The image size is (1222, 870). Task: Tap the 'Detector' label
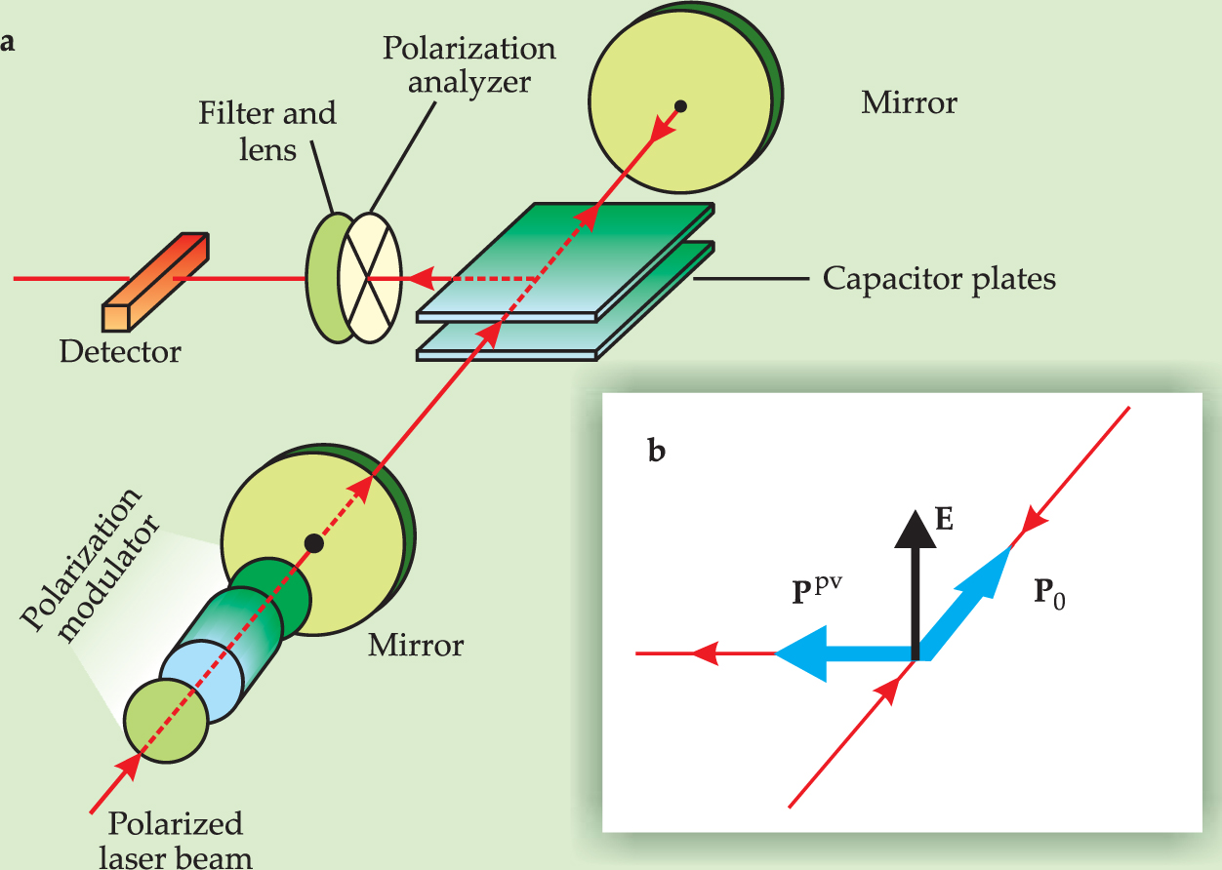point(120,351)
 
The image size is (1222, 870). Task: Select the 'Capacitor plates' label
point(939,280)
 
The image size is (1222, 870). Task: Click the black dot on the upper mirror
point(681,106)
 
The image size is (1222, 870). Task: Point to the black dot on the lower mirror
point(313,542)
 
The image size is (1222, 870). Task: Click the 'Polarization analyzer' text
point(468,63)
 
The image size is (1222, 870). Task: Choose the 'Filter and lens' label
point(267,131)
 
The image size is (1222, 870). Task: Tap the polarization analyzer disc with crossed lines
point(370,277)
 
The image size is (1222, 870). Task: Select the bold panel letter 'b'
point(658,451)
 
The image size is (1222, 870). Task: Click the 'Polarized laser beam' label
point(189,840)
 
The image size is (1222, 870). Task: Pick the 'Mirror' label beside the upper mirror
point(909,102)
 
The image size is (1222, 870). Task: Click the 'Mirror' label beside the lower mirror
point(416,645)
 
